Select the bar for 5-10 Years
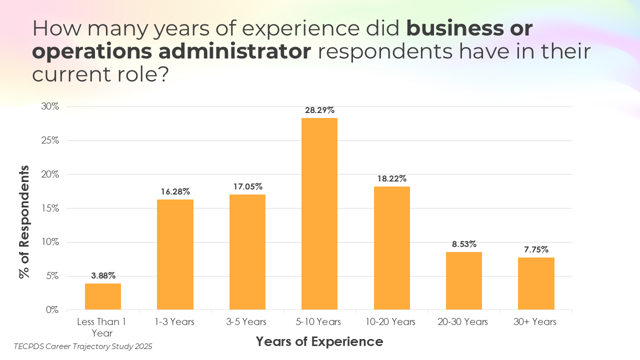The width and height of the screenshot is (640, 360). [319, 213]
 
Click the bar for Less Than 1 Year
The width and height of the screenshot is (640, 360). [103, 296]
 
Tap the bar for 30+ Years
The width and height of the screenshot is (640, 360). [536, 283]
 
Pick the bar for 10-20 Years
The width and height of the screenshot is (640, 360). [391, 248]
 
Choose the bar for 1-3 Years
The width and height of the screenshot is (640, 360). [175, 254]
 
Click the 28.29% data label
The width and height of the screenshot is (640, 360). [319, 110]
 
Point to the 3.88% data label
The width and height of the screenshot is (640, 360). [103, 275]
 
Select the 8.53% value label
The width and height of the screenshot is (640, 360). [464, 244]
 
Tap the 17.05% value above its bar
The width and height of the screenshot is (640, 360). [247, 186]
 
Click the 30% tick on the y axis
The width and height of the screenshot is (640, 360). [50, 106]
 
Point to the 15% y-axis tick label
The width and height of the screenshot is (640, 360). [50, 208]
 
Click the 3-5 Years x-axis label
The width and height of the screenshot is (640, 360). [247, 322]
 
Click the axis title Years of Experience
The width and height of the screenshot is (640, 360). [319, 341]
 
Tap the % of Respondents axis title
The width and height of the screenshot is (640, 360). [24, 221]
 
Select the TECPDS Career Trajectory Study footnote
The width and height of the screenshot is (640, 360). [83, 346]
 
